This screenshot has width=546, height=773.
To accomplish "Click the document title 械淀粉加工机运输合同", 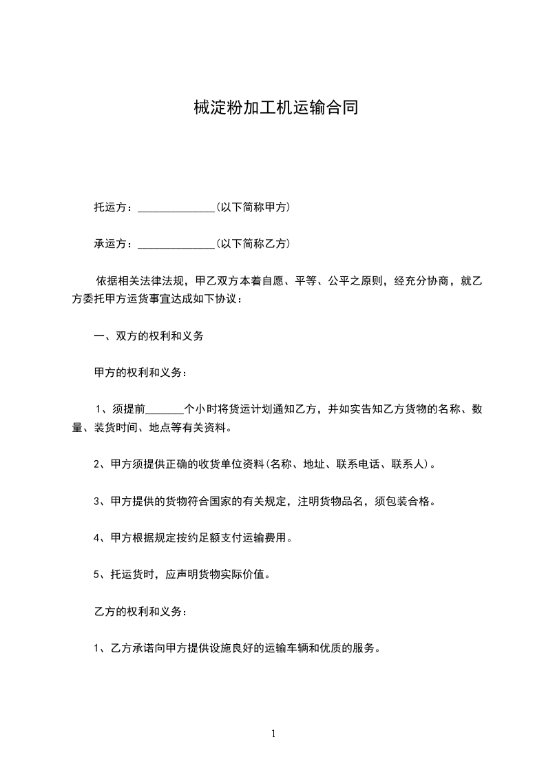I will tap(273, 108).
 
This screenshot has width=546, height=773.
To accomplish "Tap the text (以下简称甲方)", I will tap(253, 207).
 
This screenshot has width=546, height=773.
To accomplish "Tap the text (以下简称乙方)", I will tap(253, 243).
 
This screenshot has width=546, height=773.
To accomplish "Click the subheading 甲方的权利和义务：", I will tap(140, 373).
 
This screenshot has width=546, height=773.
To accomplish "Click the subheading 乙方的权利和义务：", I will tap(140, 611).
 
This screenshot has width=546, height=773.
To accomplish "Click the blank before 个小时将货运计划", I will tap(165, 409).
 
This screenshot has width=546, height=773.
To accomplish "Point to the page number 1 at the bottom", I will tap(273, 734).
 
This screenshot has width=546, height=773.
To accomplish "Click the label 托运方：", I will tap(116, 207).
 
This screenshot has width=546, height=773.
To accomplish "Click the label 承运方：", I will tap(116, 243).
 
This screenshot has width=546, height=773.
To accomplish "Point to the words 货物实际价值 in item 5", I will tap(232, 575).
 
